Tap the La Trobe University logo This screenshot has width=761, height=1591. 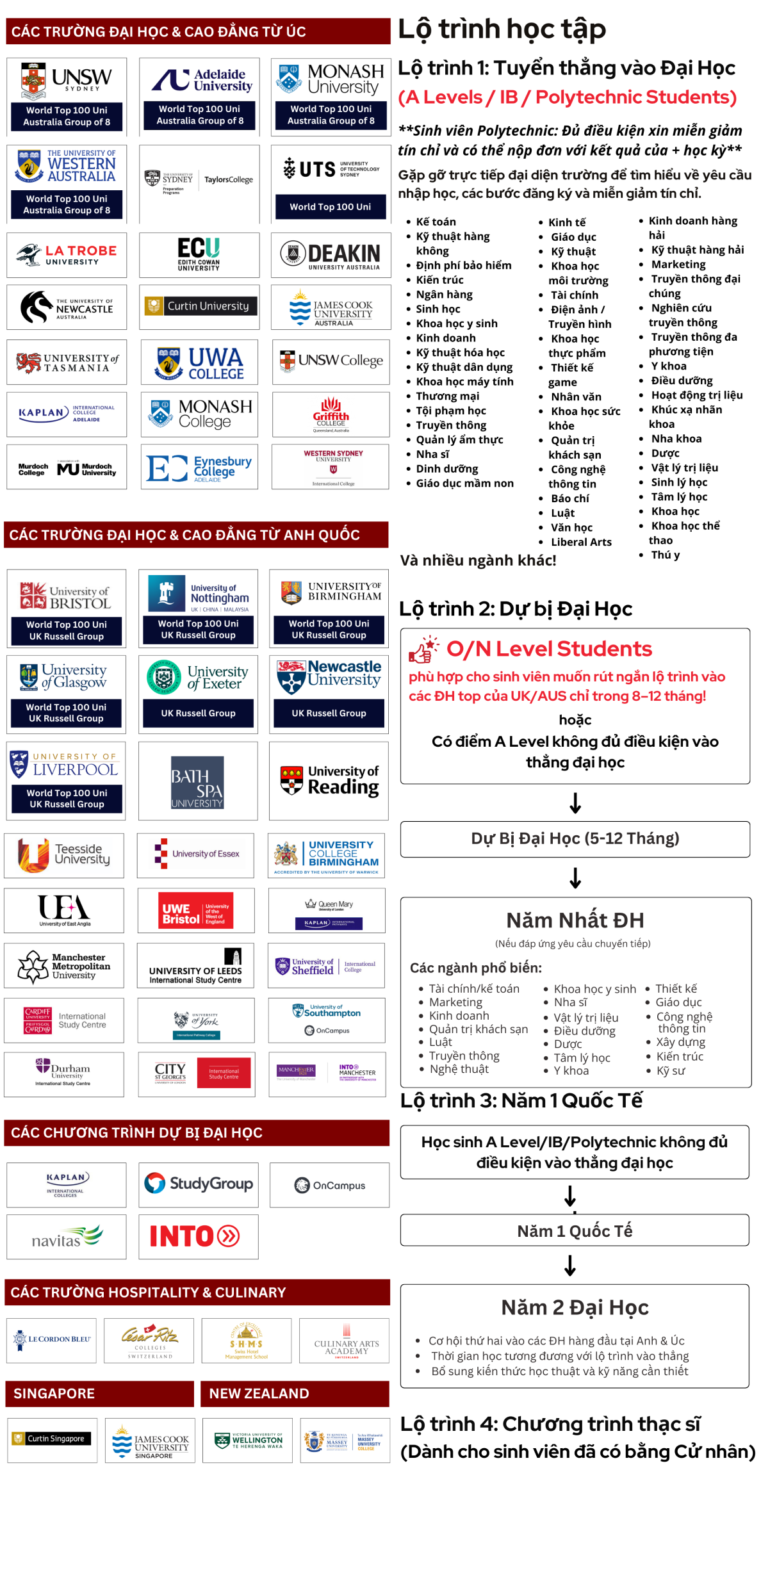point(67,255)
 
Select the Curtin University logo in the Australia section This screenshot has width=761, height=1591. point(199,307)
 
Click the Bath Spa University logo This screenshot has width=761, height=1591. point(197,781)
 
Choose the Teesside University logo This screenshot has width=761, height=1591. point(64,855)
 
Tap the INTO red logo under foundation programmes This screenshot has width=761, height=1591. point(195,1236)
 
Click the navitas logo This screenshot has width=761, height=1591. point(67,1237)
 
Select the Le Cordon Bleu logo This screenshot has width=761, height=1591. point(52,1339)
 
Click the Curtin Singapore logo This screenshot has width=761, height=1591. point(51,1439)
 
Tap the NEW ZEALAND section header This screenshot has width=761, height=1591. point(294,1393)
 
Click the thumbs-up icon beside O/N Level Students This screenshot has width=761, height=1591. point(423,649)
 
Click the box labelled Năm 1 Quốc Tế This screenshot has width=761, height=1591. point(574,1230)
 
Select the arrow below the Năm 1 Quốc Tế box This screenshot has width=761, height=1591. point(570,1265)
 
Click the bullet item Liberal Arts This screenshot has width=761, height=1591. point(580,542)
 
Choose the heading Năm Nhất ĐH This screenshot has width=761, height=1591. point(575,920)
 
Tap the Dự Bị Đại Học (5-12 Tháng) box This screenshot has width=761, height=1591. point(575,838)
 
